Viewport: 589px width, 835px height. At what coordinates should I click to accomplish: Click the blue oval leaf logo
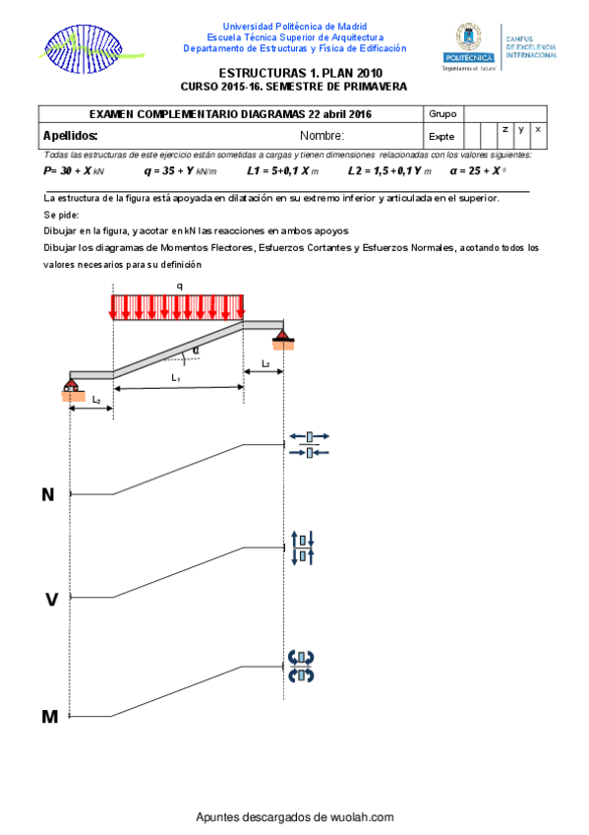tap(85, 49)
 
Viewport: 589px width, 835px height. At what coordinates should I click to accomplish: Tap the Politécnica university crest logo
tap(469, 47)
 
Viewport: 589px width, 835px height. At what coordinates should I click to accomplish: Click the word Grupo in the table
tap(442, 114)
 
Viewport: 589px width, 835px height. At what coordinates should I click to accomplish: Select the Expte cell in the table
tap(443, 136)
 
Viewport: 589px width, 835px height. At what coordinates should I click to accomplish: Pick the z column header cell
tap(505, 129)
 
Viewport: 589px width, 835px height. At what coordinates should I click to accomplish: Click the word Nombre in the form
tap(322, 136)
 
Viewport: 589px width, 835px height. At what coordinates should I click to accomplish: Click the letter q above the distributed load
tap(180, 287)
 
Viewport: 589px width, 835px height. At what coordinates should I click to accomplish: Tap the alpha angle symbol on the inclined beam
tap(196, 351)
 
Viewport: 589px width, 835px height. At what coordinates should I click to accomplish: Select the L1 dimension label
tap(176, 377)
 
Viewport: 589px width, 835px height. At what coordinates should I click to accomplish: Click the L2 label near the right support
tap(265, 363)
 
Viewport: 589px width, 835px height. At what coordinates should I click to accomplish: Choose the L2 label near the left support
tap(96, 400)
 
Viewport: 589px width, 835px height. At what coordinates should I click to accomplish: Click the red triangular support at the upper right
tap(283, 339)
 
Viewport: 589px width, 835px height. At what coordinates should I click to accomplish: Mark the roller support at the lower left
tap(72, 389)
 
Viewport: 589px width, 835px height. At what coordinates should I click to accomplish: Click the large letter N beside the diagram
tap(48, 494)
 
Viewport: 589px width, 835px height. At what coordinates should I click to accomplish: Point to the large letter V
tap(51, 600)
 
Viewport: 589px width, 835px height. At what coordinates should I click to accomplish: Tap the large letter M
tap(50, 717)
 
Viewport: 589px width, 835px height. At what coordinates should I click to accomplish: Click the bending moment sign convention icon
tap(301, 667)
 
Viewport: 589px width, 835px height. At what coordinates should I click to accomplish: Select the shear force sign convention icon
tap(303, 547)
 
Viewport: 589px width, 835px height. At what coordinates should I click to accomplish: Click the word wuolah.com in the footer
tap(362, 817)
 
